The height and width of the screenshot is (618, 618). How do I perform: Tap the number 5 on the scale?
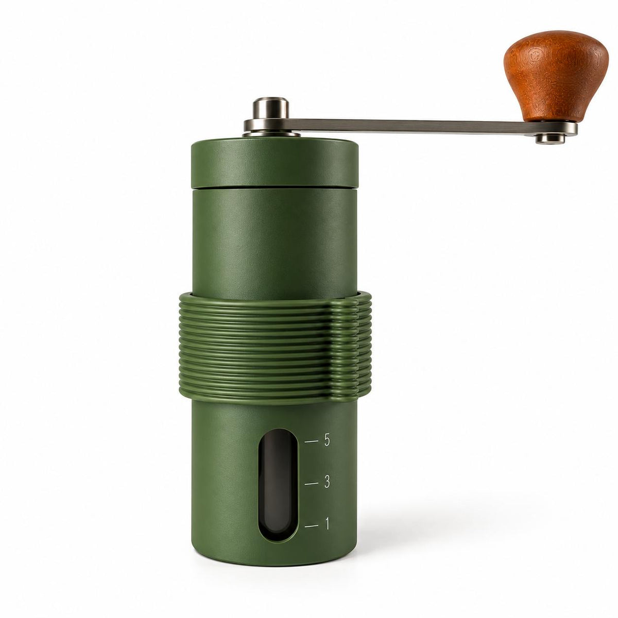327,440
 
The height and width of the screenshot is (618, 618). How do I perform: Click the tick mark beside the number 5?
311,441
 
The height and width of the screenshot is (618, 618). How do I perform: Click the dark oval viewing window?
278,487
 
